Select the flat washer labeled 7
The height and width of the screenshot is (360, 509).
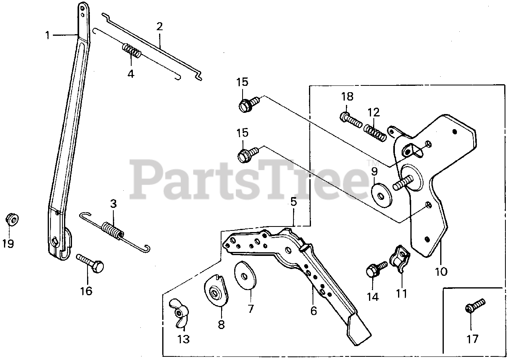click(245, 275)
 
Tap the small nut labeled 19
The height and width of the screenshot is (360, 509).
click(12, 219)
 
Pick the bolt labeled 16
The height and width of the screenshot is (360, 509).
click(91, 262)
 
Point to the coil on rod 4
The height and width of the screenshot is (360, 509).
click(131, 51)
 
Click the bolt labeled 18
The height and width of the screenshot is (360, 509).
click(350, 119)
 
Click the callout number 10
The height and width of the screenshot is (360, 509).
click(441, 272)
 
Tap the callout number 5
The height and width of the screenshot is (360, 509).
click(293, 201)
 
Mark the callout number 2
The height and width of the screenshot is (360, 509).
click(159, 27)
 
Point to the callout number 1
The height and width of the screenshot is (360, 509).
click(48, 35)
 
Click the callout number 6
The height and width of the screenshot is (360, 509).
click(314, 311)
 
